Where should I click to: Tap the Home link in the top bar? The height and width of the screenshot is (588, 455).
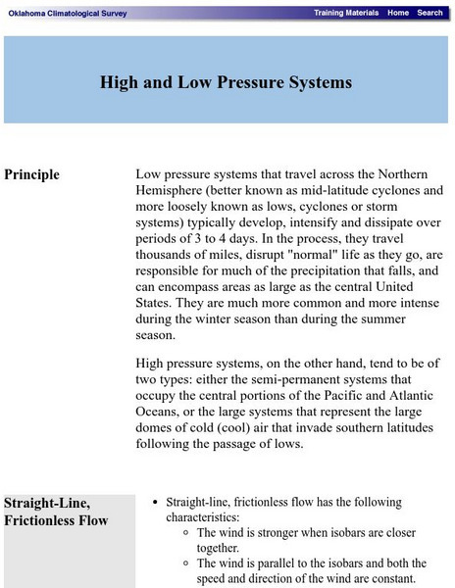pos(397,13)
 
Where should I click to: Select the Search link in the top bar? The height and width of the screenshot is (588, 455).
pos(430,13)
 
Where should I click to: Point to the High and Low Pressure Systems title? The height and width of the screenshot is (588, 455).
pos(226,82)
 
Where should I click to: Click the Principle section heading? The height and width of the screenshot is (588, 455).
pos(31,174)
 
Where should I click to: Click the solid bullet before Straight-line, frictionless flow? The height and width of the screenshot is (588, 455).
pos(156,502)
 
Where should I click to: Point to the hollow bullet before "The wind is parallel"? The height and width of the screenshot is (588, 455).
pos(187,564)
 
